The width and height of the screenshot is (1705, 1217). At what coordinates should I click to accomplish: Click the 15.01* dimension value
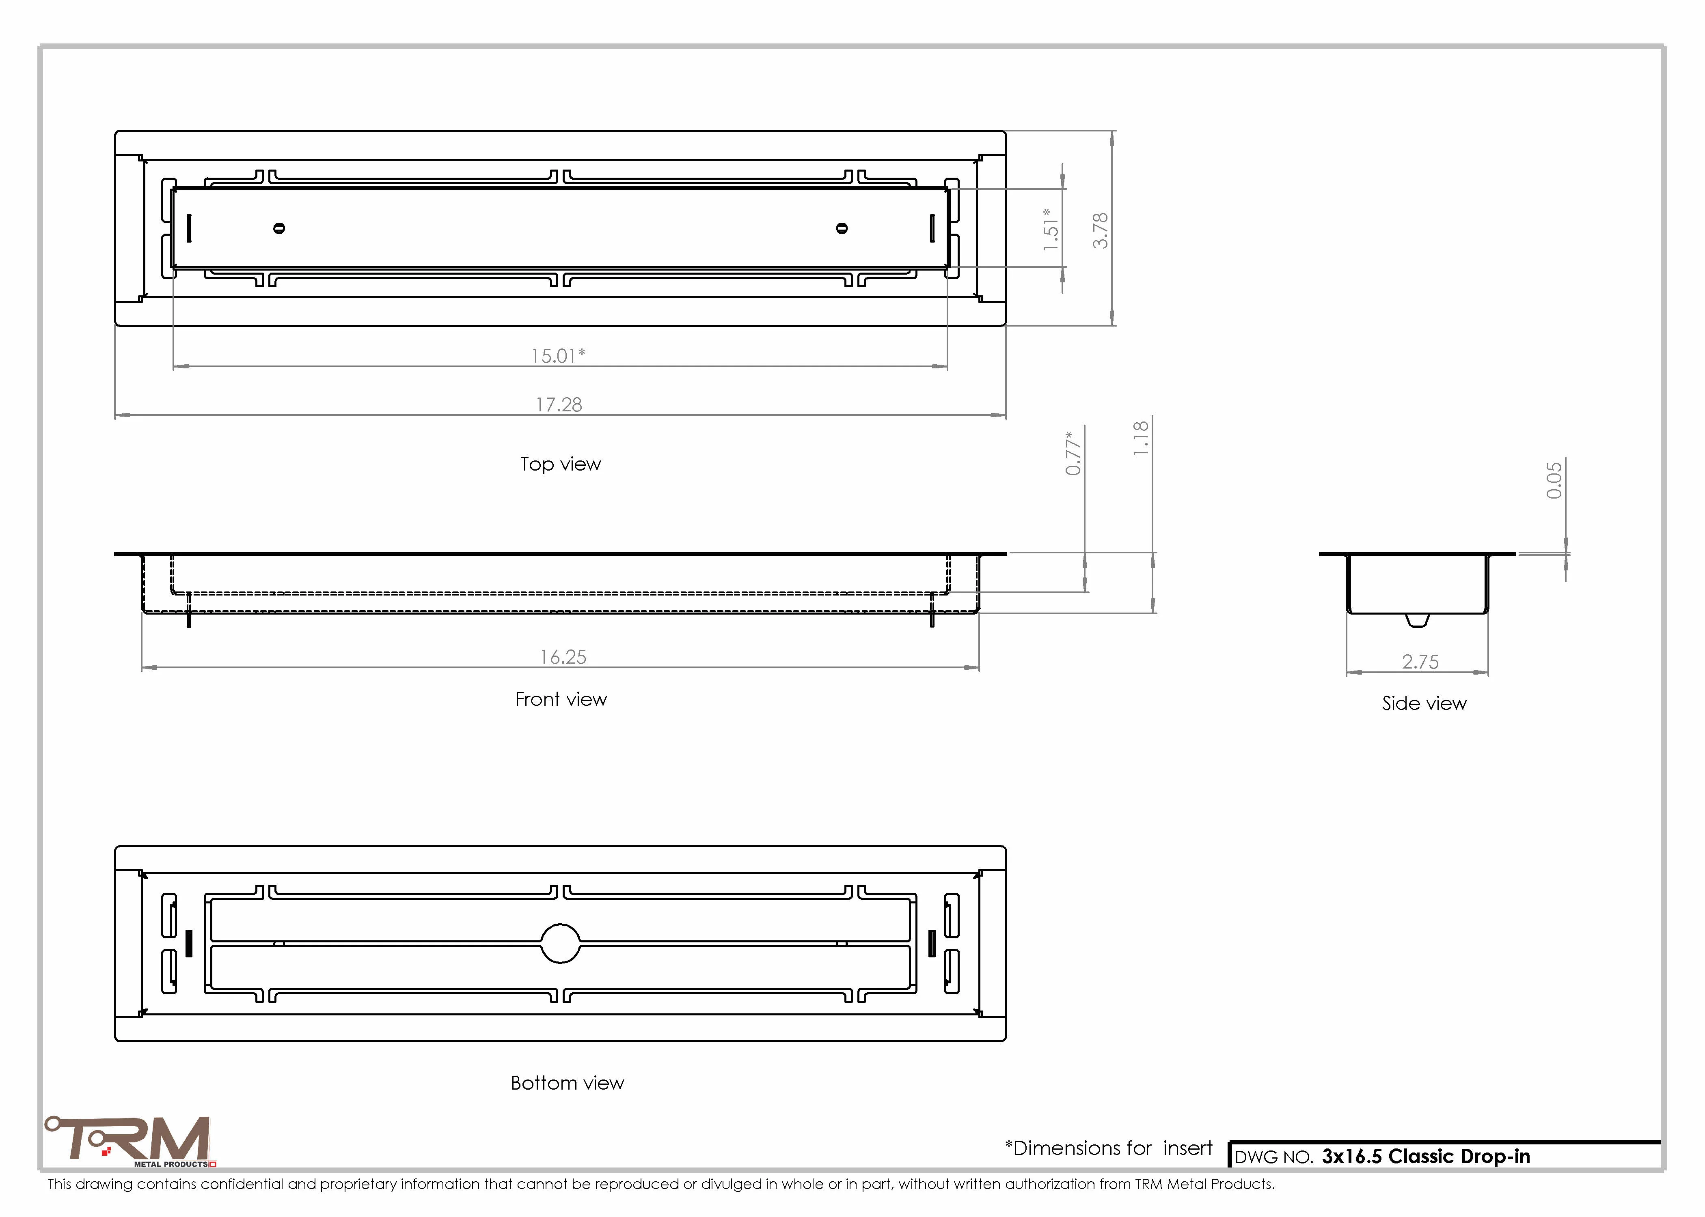coord(558,355)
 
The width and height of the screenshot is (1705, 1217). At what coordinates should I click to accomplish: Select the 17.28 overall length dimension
coord(559,405)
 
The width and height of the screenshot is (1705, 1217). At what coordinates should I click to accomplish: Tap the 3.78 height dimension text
coord(1100,230)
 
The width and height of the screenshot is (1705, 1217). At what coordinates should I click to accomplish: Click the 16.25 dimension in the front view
coord(563,657)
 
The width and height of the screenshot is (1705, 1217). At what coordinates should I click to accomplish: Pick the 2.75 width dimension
coord(1420,662)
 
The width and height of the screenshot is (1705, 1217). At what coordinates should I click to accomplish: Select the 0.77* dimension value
coord(1073,453)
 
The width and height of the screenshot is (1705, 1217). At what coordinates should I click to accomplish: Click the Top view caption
coord(561,464)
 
